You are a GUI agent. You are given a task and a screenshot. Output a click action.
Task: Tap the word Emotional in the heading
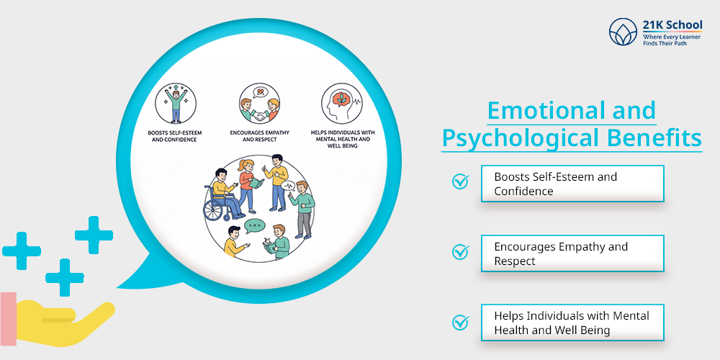coord(534,111)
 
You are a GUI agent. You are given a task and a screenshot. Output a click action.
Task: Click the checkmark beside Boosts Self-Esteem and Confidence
coord(460,182)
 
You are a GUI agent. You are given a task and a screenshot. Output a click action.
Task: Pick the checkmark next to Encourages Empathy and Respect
coord(460,252)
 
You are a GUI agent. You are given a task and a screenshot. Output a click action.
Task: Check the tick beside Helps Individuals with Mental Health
coord(460,322)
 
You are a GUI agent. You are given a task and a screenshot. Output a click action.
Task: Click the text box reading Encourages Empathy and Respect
coord(572,253)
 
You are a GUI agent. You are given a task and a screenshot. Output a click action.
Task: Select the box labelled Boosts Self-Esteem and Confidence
coord(572,184)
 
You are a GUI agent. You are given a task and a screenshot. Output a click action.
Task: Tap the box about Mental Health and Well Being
coord(572,323)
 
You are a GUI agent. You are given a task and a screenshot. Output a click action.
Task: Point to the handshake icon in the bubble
coord(259,112)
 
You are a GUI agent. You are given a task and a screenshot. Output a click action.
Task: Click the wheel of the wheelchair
coord(215,210)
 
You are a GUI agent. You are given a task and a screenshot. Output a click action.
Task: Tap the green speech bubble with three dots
coord(254,227)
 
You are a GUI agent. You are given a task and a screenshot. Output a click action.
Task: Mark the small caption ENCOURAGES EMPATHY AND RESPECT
coord(259,136)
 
